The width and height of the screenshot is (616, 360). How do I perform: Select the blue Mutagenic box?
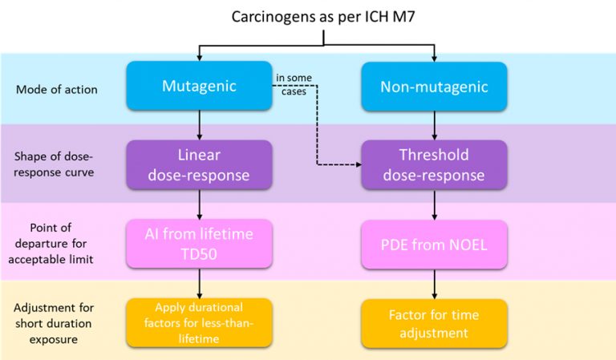199,86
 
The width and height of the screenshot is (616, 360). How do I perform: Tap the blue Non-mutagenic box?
434,86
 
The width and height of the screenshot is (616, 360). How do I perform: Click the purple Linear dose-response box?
199,164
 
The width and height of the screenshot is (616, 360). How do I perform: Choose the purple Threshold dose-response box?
434,164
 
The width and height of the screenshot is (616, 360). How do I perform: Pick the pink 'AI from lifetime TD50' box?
199,243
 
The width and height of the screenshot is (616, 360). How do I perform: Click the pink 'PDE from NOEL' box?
434,243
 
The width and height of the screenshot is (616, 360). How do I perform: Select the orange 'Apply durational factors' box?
199,322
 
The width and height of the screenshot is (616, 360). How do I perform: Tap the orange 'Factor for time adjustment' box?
434,322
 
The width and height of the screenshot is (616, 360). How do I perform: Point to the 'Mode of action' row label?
56,89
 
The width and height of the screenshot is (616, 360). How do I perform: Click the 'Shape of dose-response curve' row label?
56,164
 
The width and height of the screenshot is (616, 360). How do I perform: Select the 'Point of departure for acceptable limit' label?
56,243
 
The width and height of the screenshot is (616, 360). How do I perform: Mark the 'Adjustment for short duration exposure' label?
56,322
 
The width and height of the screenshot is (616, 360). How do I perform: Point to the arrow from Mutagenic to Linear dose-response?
199,125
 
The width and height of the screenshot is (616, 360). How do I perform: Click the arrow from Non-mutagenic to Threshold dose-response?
434,125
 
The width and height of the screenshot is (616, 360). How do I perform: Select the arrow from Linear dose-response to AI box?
199,204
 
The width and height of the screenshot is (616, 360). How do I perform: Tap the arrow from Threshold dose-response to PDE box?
434,204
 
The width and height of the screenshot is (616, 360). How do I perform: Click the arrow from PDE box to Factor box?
434,283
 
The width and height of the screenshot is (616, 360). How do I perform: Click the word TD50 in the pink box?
199,253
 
